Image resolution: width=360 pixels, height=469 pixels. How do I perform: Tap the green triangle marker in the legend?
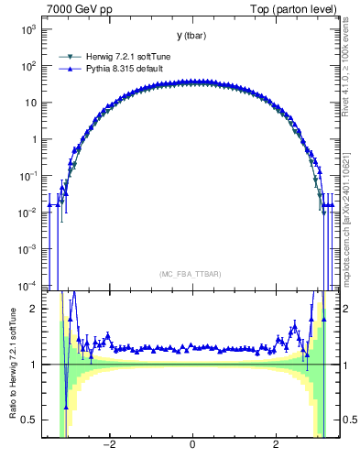tap(69, 56)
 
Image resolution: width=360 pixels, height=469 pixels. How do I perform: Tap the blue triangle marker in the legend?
tap(69, 68)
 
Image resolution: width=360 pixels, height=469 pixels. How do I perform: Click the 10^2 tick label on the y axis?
tap(27, 66)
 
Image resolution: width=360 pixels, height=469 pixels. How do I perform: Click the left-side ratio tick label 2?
tap(35, 310)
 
